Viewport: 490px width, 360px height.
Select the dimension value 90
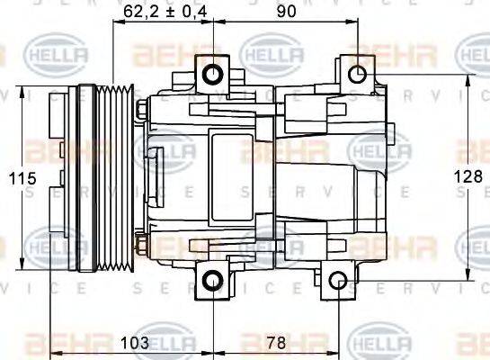287,12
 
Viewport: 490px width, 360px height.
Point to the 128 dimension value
473,179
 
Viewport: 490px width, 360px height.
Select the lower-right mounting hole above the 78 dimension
337,281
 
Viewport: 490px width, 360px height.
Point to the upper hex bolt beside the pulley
143,111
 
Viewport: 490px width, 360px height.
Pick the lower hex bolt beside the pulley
143,244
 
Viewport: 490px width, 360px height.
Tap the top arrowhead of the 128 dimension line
467,80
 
